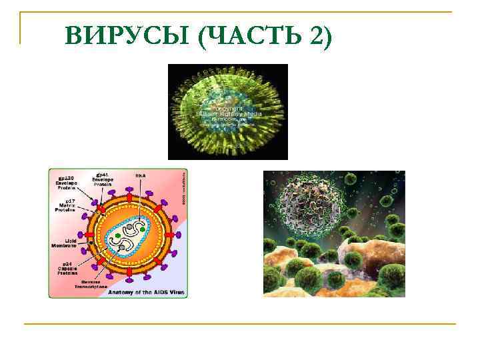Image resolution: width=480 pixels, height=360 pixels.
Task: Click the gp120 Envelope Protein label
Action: coord(65,182)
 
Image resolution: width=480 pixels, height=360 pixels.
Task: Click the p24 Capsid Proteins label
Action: coord(66,268)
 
